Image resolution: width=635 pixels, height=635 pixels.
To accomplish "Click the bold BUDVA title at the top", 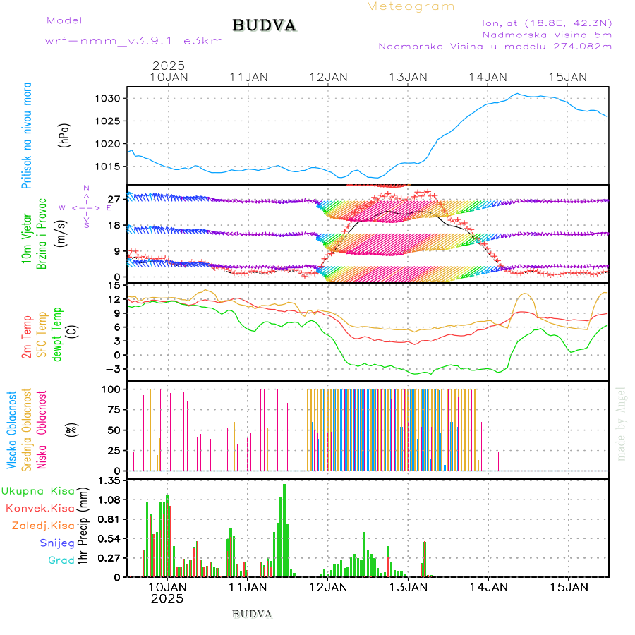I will (x=264, y=26).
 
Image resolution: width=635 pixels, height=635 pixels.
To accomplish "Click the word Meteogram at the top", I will (x=411, y=6).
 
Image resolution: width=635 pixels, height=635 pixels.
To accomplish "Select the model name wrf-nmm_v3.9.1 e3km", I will (x=134, y=41).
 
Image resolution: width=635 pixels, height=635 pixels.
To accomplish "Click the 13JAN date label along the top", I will (x=408, y=77).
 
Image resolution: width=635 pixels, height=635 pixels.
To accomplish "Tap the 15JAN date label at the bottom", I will (x=569, y=586).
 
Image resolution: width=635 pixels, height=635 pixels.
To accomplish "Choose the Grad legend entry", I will (x=61, y=560).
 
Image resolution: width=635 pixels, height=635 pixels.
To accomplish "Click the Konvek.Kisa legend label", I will (x=40, y=508).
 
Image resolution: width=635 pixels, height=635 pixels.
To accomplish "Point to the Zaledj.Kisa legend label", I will (x=43, y=525).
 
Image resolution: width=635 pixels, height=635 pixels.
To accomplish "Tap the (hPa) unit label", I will (x=65, y=135).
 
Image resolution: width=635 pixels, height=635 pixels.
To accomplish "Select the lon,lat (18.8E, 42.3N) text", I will (x=547, y=22).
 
